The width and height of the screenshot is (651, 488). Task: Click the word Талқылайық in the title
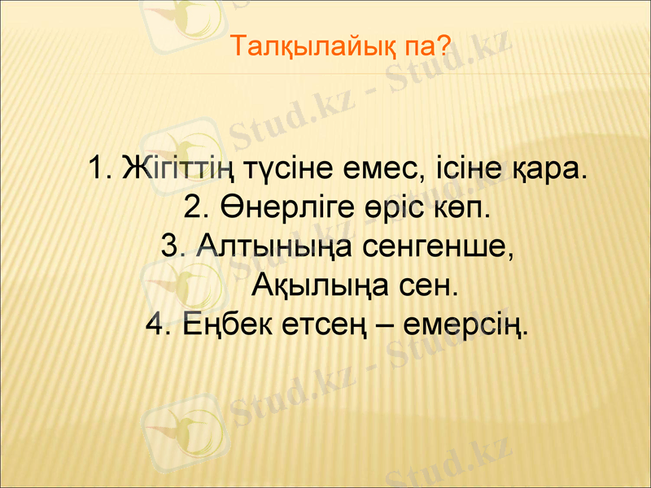[x=312, y=46]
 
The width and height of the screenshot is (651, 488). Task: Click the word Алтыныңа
[x=274, y=246]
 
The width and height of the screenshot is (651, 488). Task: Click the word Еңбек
[x=224, y=325]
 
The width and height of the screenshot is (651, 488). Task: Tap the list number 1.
[x=98, y=171]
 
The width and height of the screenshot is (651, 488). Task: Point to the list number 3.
[x=172, y=246]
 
